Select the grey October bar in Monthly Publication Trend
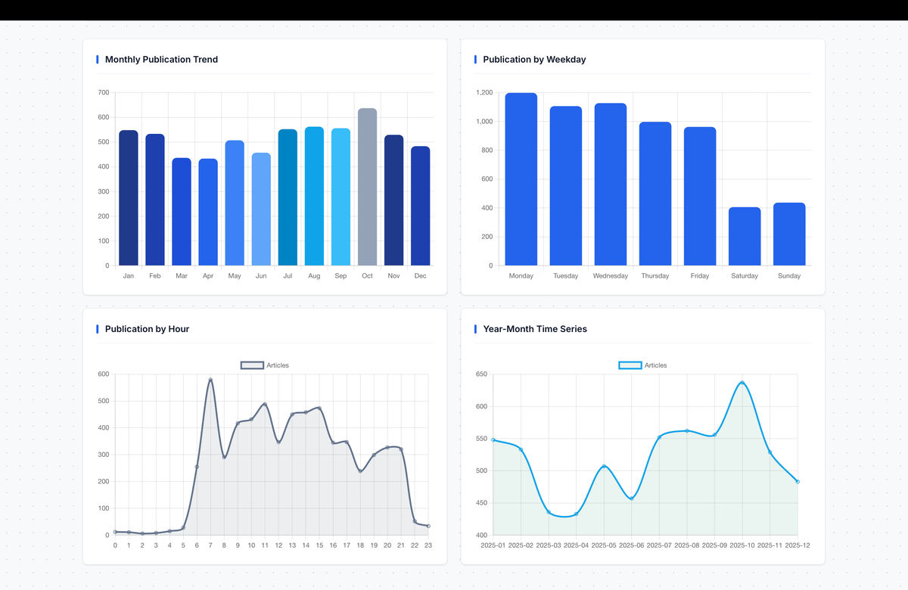click(x=367, y=187)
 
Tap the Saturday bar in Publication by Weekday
click(x=745, y=236)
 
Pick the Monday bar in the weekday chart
click(x=521, y=179)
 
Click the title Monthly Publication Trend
click(x=161, y=60)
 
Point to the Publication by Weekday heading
click(x=534, y=60)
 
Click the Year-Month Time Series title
click(x=535, y=329)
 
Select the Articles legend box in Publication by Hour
click(x=252, y=365)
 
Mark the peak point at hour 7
click(x=210, y=380)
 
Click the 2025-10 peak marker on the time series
click(x=742, y=383)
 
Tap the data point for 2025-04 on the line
click(x=576, y=514)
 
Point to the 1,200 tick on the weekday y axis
click(x=484, y=92)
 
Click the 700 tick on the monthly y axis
click(x=103, y=92)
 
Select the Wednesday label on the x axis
click(x=610, y=276)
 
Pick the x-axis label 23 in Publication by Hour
click(x=428, y=545)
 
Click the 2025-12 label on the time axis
click(x=797, y=545)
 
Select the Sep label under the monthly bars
click(x=340, y=276)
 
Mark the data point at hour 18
click(x=360, y=471)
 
